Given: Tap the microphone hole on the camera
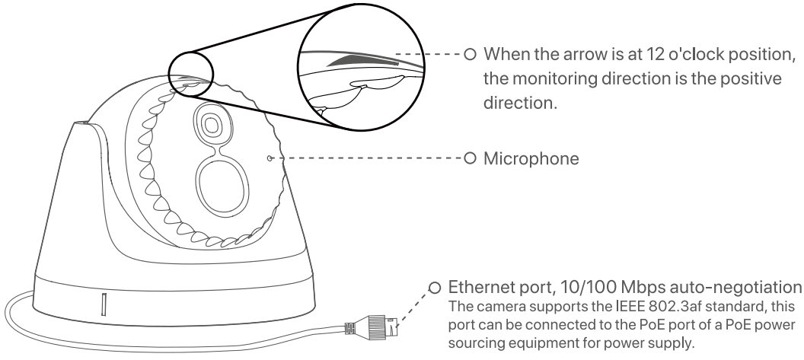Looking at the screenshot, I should pos(270,158).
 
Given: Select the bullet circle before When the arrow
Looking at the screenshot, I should pos(470,56).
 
